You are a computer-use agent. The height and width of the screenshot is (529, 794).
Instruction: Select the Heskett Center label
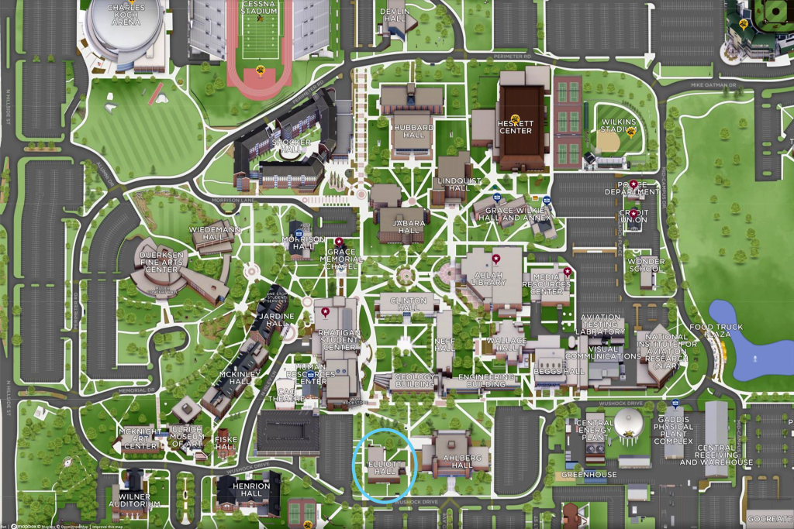click(516, 126)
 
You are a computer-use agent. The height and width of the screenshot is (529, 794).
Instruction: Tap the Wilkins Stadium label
click(618, 126)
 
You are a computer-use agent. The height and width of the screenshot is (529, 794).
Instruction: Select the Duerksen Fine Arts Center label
click(162, 262)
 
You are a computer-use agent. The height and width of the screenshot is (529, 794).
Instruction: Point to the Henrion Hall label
click(250, 490)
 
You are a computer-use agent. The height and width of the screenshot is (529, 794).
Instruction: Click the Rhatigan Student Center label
click(339, 341)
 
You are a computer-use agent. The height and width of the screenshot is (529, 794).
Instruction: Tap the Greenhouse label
click(589, 475)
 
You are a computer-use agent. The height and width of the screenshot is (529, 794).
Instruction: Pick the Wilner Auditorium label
click(140, 500)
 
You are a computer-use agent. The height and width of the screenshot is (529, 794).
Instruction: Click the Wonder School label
click(646, 266)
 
